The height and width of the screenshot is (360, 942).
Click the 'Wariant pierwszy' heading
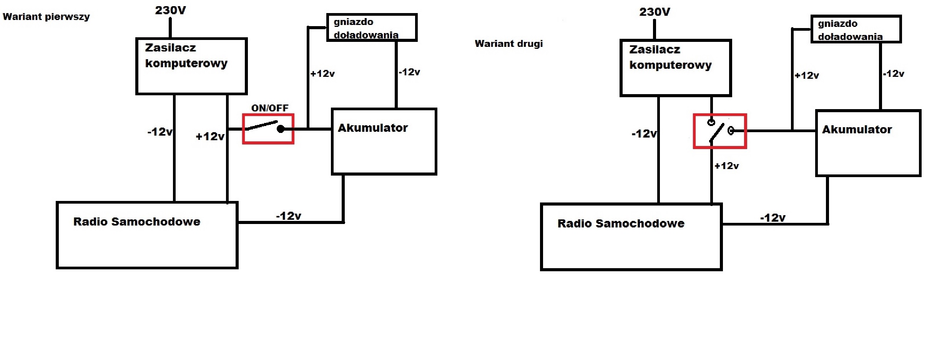46,17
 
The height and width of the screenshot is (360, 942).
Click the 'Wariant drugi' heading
508,44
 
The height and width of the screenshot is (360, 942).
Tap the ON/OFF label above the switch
270,108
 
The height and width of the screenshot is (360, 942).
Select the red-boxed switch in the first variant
268,129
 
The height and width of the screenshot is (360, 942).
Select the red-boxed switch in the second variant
720,131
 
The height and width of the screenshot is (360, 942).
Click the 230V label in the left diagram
170,10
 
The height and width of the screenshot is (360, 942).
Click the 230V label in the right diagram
655,12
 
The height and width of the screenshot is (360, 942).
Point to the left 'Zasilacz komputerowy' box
191,66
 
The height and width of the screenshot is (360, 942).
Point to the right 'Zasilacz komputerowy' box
676,68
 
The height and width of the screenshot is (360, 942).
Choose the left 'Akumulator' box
384,142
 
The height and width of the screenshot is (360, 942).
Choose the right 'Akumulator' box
868,143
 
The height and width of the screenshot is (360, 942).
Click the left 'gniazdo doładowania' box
372,28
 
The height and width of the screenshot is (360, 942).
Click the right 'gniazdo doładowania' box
856,29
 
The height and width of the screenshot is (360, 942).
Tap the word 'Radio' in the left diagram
90,222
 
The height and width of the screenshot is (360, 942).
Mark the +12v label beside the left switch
210,136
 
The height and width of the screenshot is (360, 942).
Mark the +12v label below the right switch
726,166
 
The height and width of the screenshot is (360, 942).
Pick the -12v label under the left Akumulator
288,216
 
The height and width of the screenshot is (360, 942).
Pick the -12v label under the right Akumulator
773,218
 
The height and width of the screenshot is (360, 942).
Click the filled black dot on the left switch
281,129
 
